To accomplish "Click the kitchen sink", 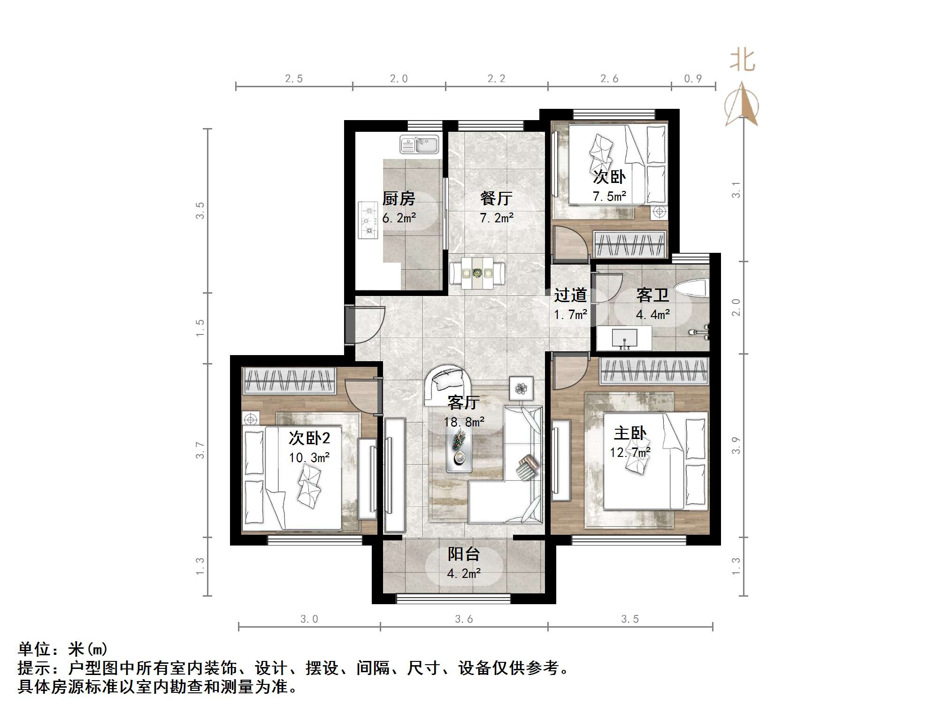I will click(x=419, y=145).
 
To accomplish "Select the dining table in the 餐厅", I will click(x=477, y=273).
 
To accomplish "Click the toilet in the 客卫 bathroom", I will click(x=690, y=288).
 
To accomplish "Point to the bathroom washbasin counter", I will click(x=624, y=339).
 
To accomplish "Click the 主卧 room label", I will click(x=630, y=433).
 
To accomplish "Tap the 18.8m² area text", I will click(x=464, y=422).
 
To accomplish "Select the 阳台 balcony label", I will click(x=463, y=554).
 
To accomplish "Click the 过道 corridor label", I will click(x=570, y=295).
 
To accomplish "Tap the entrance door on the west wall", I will click(x=350, y=324).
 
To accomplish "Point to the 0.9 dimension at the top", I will click(x=693, y=79).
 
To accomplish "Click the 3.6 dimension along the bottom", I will click(x=464, y=619).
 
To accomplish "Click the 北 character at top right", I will click(x=742, y=61).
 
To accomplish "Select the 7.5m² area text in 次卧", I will click(x=609, y=197).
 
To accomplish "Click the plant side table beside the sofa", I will click(x=521, y=388).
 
